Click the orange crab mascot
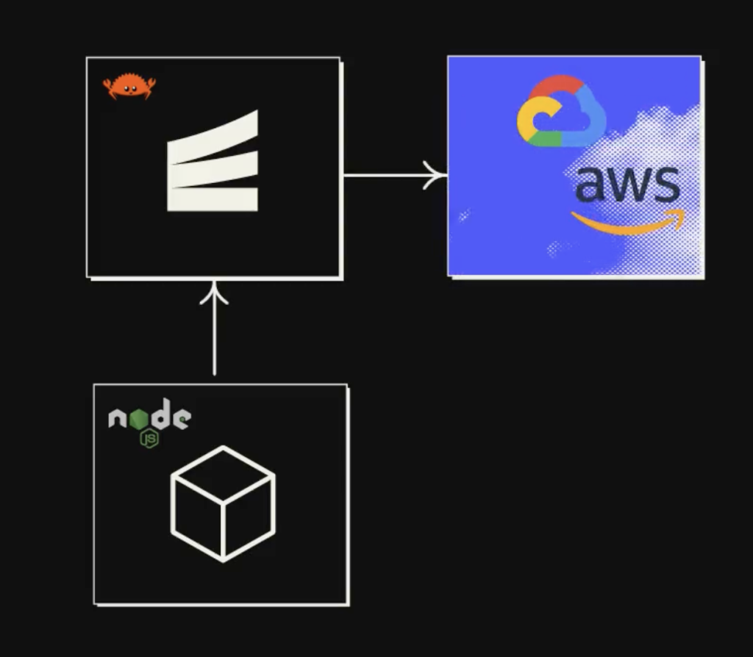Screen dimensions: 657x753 click(129, 86)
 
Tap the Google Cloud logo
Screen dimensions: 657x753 click(562, 112)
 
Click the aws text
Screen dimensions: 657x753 click(627, 185)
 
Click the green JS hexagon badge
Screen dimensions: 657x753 click(151, 439)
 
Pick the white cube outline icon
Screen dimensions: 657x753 click(223, 503)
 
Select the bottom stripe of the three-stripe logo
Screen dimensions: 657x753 click(213, 199)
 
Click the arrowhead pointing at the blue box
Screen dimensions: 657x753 click(438, 176)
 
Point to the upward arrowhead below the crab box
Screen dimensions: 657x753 click(214, 292)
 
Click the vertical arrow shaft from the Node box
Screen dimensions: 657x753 click(214, 338)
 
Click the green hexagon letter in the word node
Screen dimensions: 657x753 click(139, 418)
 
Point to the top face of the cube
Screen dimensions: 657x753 click(223, 475)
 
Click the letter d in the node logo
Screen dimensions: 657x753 click(160, 416)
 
